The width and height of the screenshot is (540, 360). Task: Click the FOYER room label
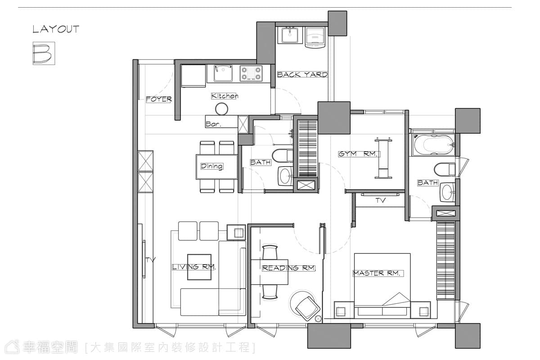pos(159,99)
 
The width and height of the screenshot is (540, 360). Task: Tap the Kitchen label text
pos(225,96)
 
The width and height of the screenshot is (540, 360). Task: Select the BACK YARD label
pos(302,75)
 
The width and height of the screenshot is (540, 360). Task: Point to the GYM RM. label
pos(359,154)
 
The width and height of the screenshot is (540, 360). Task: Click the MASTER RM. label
pos(378,273)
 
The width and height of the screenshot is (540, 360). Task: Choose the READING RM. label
pos(288,268)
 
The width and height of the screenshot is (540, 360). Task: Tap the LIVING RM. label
pos(194,267)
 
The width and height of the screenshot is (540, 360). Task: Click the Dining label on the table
pos(212,166)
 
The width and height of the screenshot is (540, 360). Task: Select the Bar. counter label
pos(213,124)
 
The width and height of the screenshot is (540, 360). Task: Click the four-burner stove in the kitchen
pos(251,73)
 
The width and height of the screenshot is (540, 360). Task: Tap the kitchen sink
pos(223,73)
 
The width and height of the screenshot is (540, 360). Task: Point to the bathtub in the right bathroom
pos(433,145)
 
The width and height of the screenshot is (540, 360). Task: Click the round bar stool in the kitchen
pos(221,109)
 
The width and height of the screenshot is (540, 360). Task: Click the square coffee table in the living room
pos(199,267)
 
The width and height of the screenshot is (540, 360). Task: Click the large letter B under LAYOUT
pos(43,53)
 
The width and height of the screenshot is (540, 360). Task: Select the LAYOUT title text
pos(56,29)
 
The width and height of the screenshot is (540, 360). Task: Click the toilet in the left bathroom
pos(283,156)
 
